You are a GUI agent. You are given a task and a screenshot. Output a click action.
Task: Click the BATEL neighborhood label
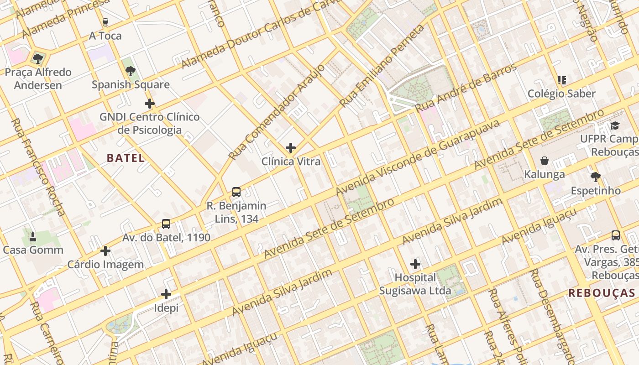coord(126,158)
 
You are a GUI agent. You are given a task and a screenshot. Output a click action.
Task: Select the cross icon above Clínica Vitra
coord(291,148)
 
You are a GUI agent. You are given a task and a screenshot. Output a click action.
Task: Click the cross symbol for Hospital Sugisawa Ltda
coord(415,264)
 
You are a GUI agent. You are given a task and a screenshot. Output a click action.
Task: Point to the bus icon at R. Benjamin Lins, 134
coord(236,192)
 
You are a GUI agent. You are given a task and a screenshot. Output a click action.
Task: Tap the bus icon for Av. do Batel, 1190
coord(166,224)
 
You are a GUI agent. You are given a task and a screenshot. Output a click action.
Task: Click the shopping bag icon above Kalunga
coord(544,161)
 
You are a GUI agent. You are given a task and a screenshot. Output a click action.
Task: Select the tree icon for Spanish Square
coord(131,71)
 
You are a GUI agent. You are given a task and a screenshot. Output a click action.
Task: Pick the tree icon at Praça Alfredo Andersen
coord(38,58)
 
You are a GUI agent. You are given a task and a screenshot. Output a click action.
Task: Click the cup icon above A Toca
coord(105,22)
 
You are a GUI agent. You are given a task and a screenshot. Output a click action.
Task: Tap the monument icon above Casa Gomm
coord(33,236)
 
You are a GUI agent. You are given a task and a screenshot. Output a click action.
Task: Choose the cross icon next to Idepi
coord(166,294)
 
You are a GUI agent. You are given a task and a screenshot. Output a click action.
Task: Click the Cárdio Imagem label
coord(105,265)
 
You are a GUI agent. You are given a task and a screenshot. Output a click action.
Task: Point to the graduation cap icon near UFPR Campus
coord(615,125)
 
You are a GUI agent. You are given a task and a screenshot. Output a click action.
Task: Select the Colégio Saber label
coord(561,94)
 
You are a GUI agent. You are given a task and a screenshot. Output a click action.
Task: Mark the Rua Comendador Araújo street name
coord(277,112)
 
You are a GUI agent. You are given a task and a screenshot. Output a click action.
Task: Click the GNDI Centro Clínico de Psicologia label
coord(149,123)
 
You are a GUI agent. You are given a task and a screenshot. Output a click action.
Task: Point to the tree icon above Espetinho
coord(595,177)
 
